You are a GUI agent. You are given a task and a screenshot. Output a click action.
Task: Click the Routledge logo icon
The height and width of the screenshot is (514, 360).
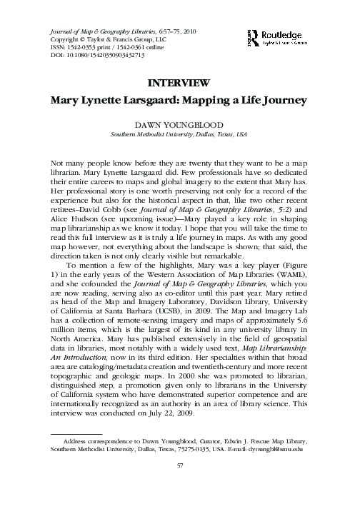tap(251, 34)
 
